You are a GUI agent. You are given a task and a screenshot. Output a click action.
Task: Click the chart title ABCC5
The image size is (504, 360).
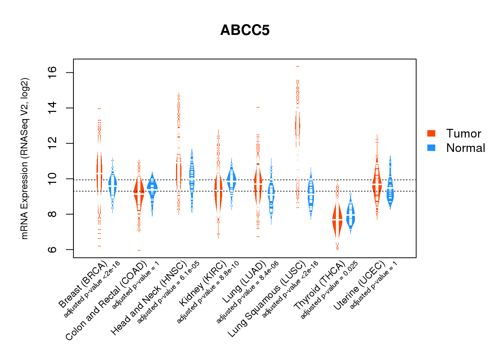(245, 30)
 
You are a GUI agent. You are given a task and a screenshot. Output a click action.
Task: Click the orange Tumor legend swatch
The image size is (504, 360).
(431, 133)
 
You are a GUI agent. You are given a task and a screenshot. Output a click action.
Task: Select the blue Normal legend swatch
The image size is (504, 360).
(431, 148)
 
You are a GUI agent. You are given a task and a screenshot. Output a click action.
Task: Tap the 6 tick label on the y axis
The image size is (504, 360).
(53, 249)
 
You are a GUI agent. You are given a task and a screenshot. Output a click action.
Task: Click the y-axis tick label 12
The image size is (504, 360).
(53, 143)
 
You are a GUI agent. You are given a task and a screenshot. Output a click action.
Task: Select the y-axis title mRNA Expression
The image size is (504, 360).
(24, 158)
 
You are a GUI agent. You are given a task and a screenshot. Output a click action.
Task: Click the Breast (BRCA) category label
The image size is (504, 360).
(83, 284)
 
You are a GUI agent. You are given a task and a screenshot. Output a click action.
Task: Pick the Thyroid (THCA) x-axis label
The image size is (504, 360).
(320, 286)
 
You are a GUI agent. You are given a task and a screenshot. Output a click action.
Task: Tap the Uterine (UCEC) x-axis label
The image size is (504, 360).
(359, 286)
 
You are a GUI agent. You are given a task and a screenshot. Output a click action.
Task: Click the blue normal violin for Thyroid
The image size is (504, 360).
(350, 215)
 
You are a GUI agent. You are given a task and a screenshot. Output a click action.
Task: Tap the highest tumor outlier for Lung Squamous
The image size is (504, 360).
(297, 66)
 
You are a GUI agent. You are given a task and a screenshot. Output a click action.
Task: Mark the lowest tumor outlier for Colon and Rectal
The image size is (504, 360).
(139, 250)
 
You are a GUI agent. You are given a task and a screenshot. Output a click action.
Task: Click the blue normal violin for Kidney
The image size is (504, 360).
(231, 180)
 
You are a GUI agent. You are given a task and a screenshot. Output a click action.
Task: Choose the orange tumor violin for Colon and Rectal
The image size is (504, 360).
(139, 194)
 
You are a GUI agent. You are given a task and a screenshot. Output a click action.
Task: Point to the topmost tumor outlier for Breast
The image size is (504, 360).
(99, 108)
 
